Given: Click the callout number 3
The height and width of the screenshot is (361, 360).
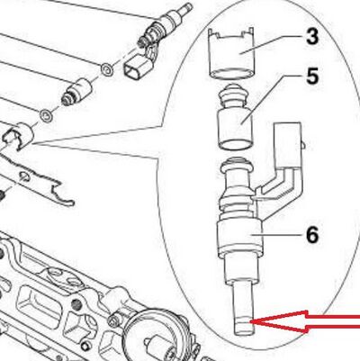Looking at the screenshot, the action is pyautogui.click(x=312, y=36).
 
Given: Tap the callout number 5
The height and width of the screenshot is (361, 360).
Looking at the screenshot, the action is pyautogui.click(x=312, y=76).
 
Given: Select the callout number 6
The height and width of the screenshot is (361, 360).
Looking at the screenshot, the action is pyautogui.click(x=312, y=234).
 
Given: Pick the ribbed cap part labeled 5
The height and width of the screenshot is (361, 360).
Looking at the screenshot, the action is pyautogui.click(x=235, y=116).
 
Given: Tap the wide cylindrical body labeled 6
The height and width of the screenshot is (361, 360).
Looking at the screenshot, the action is pyautogui.click(x=239, y=237).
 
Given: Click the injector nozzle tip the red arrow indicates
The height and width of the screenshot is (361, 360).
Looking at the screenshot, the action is pyautogui.click(x=243, y=326).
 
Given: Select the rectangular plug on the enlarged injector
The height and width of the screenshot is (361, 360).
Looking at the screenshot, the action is pyautogui.click(x=288, y=144).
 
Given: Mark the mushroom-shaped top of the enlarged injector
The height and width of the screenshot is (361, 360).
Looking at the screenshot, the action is pyautogui.click(x=238, y=166).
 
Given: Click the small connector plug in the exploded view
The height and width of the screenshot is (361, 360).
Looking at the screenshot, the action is pyautogui.click(x=135, y=68).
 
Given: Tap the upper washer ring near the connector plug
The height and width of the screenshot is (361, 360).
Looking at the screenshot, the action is pyautogui.click(x=107, y=70).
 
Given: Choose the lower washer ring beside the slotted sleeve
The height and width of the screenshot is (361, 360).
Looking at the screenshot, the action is pyautogui.click(x=46, y=115).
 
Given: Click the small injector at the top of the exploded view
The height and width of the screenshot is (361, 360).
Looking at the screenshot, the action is pyautogui.click(x=164, y=26).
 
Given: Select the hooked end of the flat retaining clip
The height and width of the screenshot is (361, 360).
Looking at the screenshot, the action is pyautogui.click(x=62, y=194).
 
